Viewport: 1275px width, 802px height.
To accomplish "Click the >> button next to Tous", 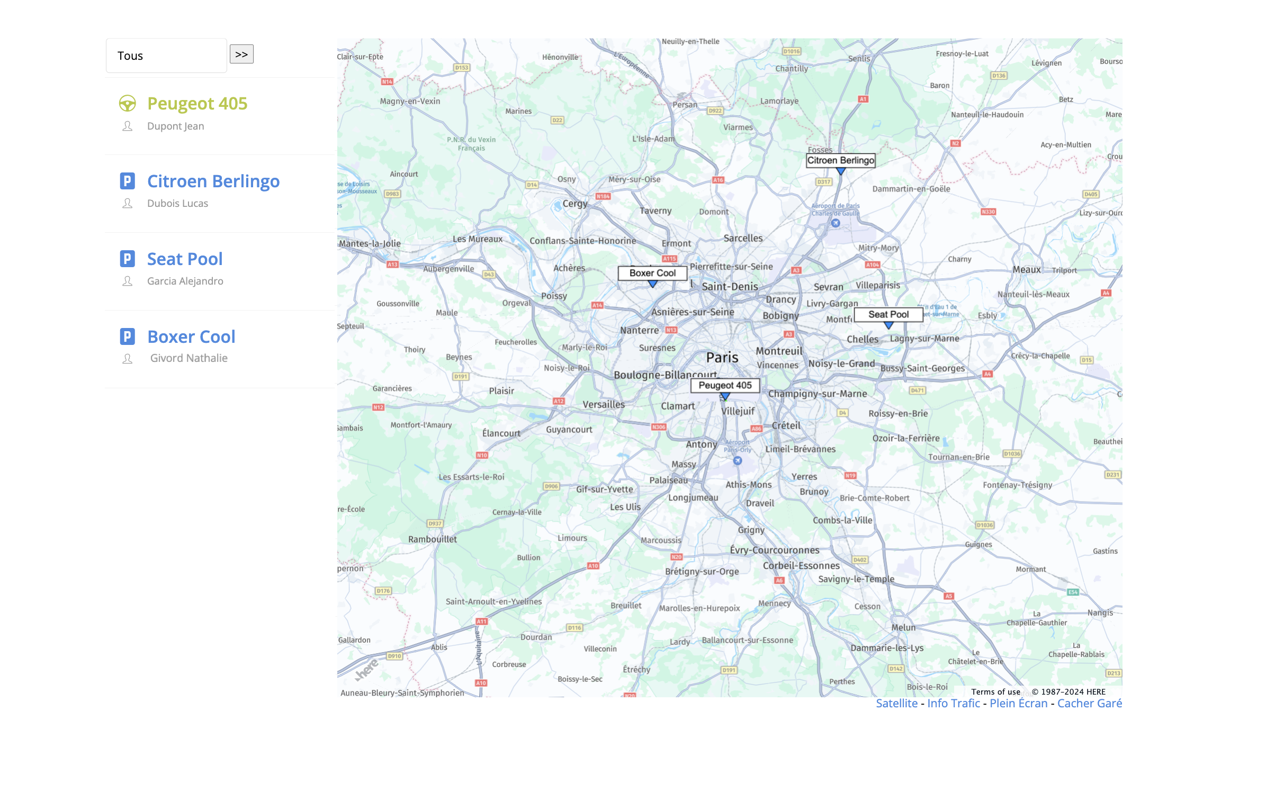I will [241, 54].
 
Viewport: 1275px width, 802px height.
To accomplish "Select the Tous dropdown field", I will [166, 56].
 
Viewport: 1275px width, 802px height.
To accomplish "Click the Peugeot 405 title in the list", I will [197, 103].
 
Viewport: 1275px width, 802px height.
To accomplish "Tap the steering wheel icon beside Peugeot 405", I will [127, 103].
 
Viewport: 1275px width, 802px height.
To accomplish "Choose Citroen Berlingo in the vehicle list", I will [213, 181].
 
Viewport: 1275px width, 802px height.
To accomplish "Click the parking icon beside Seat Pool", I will [127, 259].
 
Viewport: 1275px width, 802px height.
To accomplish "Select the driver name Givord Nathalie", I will [188, 358].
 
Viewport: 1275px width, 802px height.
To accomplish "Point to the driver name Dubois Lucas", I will [177, 203].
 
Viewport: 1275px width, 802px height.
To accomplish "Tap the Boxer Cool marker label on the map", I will [652, 273].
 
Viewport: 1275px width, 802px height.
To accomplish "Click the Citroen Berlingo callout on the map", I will [840, 160].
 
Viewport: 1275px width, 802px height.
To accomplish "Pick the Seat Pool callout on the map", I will [888, 314].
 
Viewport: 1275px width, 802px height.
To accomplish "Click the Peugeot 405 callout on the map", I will [725, 385].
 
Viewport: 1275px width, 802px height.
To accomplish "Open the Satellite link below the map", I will [896, 703].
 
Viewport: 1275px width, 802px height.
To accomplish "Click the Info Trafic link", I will [953, 703].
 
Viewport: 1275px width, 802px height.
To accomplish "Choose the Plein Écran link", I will [1018, 703].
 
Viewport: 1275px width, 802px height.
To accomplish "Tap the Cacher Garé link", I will [1089, 703].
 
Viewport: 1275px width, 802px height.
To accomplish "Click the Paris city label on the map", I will [722, 358].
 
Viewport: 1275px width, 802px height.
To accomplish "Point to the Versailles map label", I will [604, 404].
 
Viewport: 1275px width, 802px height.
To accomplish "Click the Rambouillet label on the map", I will [432, 539].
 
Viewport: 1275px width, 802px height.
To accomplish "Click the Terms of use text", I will [995, 692].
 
